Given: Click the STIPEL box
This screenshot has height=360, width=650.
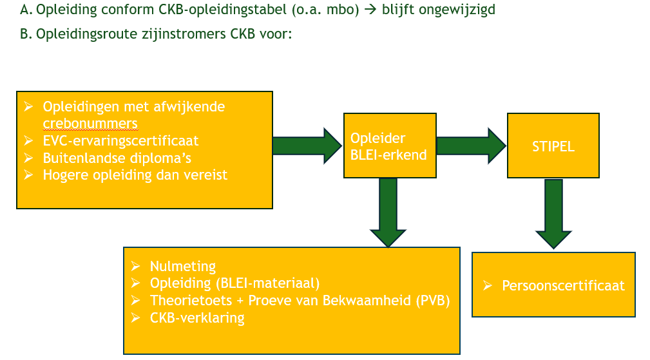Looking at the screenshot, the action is pyautogui.click(x=553, y=146).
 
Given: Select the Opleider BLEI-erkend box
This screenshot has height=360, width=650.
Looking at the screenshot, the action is pyautogui.click(x=390, y=146).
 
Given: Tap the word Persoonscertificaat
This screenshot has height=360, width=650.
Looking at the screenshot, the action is pyautogui.click(x=563, y=285).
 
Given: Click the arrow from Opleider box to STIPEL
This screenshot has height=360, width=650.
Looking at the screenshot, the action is pyautogui.click(x=472, y=146).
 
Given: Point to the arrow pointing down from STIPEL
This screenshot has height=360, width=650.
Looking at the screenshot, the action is pyautogui.click(x=553, y=214).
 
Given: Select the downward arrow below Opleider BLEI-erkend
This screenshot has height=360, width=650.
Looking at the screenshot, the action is pyautogui.click(x=388, y=213).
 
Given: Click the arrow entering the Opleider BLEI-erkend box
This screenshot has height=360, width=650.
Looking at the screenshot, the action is pyautogui.click(x=307, y=146).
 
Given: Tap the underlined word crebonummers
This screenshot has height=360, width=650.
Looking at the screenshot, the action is pyautogui.click(x=90, y=124).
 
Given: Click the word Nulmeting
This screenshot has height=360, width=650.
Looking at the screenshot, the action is pyautogui.click(x=183, y=266).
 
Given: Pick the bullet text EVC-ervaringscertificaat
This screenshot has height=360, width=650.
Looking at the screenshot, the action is pyautogui.click(x=120, y=141).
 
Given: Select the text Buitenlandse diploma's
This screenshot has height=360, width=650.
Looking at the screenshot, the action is pyautogui.click(x=117, y=158).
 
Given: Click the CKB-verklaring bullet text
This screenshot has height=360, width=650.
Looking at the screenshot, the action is pyautogui.click(x=197, y=317).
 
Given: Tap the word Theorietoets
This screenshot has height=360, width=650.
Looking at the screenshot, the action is pyautogui.click(x=191, y=300).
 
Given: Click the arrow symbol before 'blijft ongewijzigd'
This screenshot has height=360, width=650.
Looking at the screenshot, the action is pyautogui.click(x=370, y=9).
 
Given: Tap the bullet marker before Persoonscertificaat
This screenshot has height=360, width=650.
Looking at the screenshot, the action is pyautogui.click(x=488, y=285).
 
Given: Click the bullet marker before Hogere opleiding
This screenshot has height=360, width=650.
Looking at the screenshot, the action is pyautogui.click(x=28, y=175).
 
